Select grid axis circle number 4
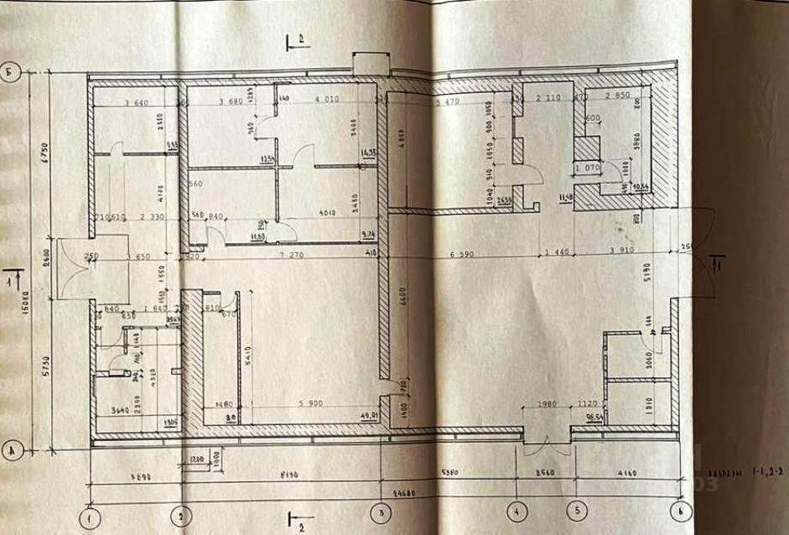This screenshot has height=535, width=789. point(516,509)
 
